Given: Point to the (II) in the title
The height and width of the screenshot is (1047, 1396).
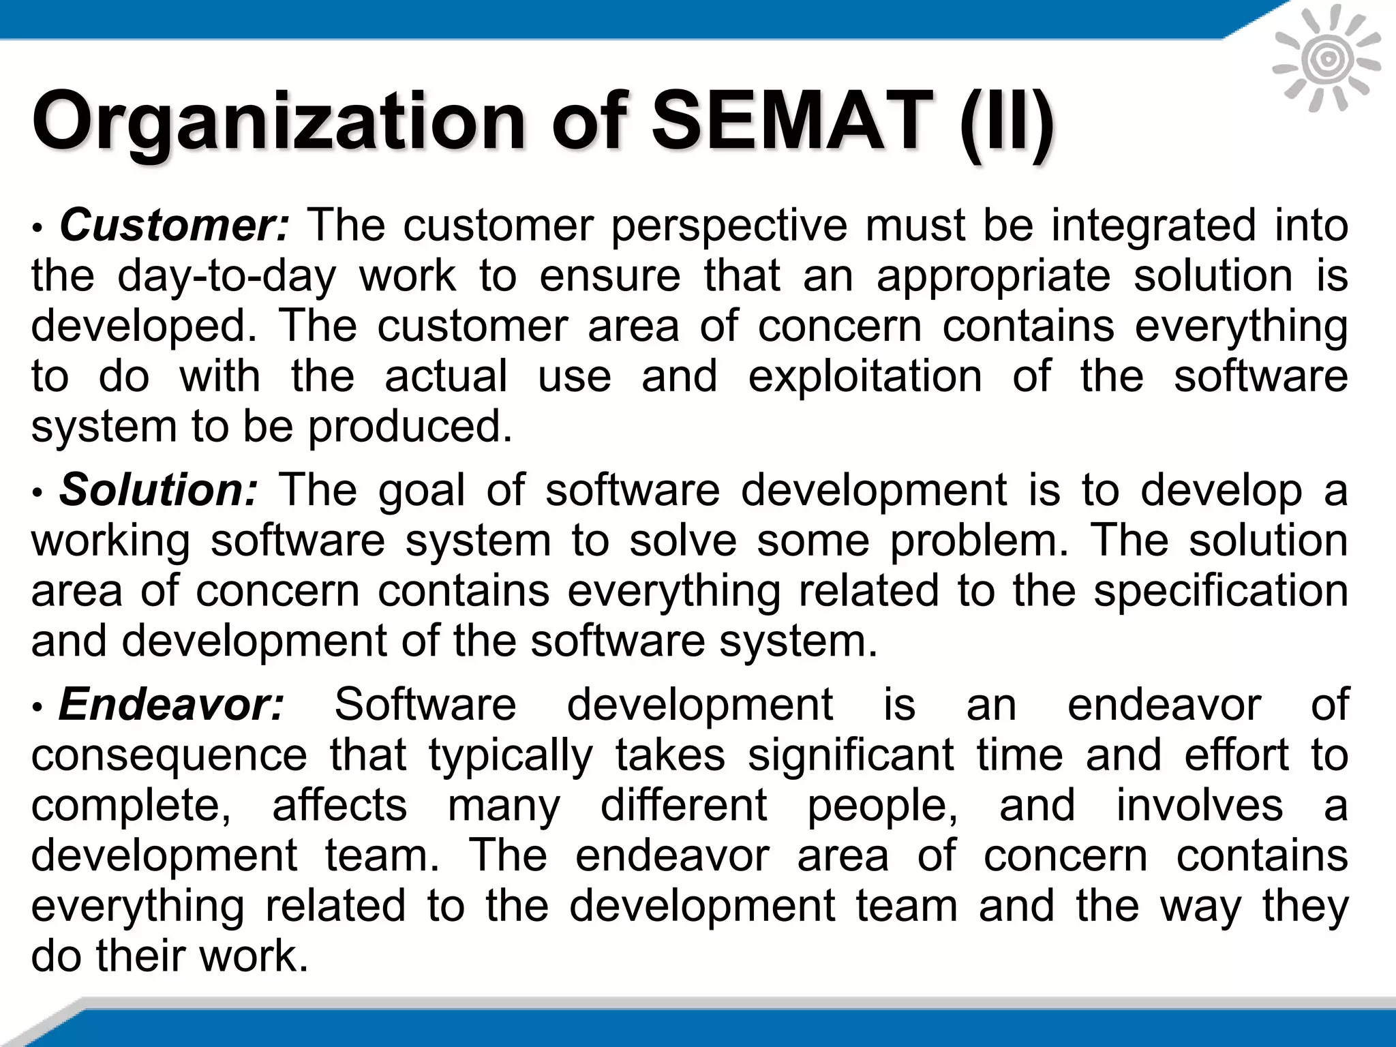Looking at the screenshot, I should [1006, 124].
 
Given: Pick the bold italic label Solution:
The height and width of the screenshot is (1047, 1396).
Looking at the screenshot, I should [159, 490].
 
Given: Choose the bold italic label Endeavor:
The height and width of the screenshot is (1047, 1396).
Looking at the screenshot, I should [171, 704].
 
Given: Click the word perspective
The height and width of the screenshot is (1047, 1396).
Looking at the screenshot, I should [729, 226].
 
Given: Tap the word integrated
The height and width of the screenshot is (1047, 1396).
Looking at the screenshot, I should [1153, 226].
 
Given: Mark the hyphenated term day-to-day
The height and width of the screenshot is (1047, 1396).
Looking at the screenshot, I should [227, 276].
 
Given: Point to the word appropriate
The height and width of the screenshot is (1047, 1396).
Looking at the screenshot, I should [993, 276].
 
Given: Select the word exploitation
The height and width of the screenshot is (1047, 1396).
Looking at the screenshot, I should [865, 376].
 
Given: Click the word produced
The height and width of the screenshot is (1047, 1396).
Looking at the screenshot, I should [410, 427].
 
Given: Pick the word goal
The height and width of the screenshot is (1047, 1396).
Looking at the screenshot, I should [421, 490].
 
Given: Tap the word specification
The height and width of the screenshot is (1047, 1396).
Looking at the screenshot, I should [1221, 590].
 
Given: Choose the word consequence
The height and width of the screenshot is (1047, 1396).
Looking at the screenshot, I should [169, 755].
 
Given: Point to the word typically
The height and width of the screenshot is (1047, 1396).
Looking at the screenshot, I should [511, 755].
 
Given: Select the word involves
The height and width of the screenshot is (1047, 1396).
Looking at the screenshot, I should [1200, 805].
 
